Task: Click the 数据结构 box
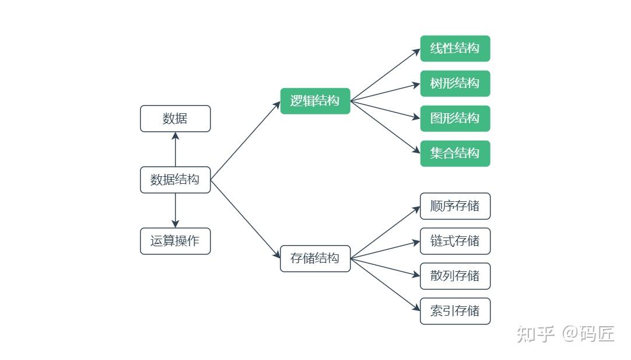[175, 180]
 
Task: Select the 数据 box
[175, 118]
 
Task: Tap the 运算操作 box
[175, 241]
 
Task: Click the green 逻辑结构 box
[315, 101]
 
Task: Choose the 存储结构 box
[315, 258]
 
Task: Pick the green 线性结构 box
[455, 48]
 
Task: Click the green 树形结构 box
[455, 83]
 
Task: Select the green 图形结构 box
[455, 118]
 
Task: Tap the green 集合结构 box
[455, 153]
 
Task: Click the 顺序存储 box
[455, 206]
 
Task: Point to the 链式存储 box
[455, 241]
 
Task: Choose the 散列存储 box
[455, 276]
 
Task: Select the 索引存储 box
[455, 311]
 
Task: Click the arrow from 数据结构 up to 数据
[175, 149]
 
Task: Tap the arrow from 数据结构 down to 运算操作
[175, 210]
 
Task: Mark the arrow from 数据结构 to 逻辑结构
[245, 141]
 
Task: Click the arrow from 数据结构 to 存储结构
[245, 219]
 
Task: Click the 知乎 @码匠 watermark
[565, 334]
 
